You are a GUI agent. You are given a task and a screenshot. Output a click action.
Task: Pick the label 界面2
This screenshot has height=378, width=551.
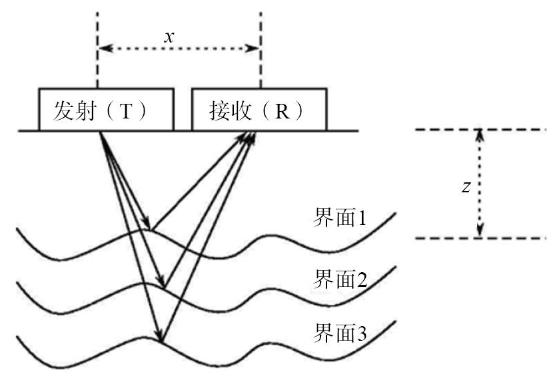click(x=340, y=278)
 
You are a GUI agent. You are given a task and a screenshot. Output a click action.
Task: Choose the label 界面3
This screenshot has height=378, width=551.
click(x=340, y=332)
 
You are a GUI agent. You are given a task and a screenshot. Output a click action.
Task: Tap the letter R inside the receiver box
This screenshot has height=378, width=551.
click(x=284, y=110)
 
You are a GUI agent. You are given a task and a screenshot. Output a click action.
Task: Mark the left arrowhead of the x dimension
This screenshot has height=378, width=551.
click(x=102, y=49)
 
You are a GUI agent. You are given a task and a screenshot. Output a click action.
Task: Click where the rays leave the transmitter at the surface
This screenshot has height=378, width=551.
click(x=100, y=132)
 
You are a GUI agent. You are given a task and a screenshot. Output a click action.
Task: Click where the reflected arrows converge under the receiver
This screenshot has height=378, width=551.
click(x=252, y=133)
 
